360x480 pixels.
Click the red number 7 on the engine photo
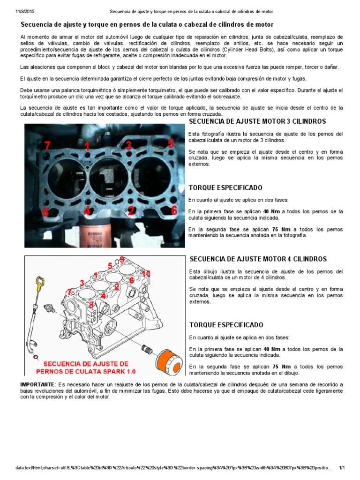tap(47, 146)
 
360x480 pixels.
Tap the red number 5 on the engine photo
tap(171, 143)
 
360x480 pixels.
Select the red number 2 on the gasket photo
tap(131, 210)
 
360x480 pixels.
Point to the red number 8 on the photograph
tap(45, 212)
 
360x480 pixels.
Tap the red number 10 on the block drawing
tap(146, 273)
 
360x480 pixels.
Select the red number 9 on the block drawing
tap(122, 259)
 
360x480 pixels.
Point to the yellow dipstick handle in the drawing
tap(41, 283)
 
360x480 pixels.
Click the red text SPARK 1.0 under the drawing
tap(116, 372)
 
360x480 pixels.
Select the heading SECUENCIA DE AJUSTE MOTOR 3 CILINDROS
tap(257, 121)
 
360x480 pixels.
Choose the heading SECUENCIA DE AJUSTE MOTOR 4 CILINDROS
tap(257, 259)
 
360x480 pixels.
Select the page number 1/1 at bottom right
tap(342, 468)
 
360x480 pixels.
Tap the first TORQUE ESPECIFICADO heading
tap(225, 187)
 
